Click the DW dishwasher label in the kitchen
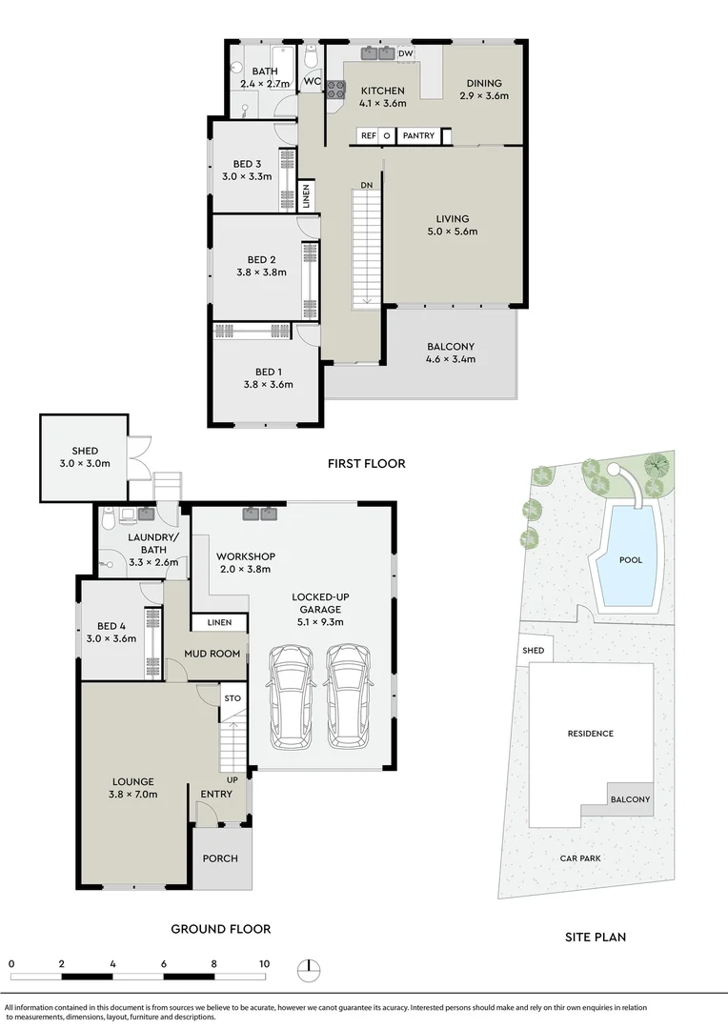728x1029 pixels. tap(406, 53)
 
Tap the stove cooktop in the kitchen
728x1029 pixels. tap(336, 90)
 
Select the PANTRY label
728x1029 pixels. tap(418, 136)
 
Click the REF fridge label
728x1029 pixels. tap(368, 136)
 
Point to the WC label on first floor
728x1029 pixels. tap(312, 82)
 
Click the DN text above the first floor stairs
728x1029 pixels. tap(367, 185)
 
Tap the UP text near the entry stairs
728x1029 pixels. tap(233, 779)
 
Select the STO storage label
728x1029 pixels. tap(232, 698)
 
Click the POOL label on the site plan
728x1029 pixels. tap(631, 560)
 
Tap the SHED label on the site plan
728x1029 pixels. tap(534, 651)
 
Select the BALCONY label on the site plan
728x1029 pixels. tap(631, 799)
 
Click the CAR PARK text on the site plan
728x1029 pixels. tap(580, 857)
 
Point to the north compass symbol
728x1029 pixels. tap(309, 968)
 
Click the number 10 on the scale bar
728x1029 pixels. tap(263, 963)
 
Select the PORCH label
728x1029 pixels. tap(219, 858)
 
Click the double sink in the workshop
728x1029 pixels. tap(259, 515)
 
